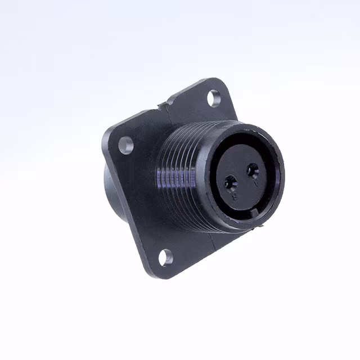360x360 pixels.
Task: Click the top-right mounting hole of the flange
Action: click(214, 98)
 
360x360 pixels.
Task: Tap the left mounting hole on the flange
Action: click(127, 145)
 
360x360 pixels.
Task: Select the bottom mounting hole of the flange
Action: click(165, 258)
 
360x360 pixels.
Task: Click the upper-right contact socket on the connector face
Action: click(253, 169)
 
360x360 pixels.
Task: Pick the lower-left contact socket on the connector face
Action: click(231, 183)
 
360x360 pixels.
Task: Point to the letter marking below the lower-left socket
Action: click(235, 195)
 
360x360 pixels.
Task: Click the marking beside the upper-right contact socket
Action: click(256, 182)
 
